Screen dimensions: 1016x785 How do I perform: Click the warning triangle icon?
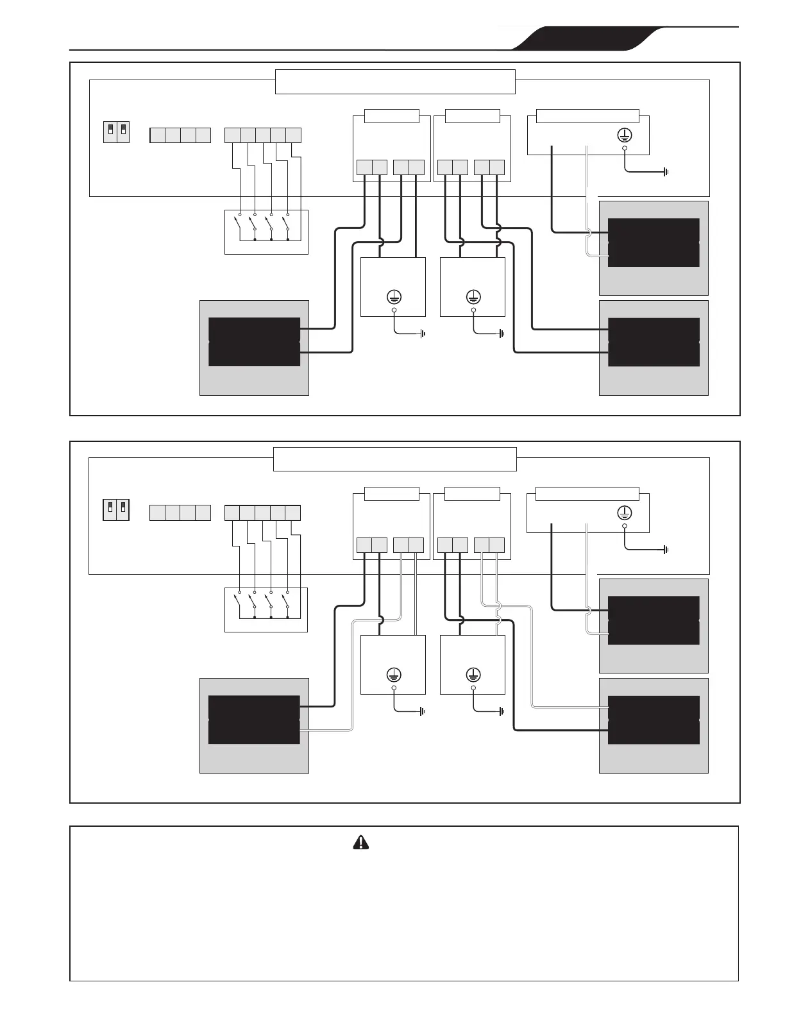tap(361, 842)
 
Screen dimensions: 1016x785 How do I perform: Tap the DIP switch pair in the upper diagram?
tap(116, 132)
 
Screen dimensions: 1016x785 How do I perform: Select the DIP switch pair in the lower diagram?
tap(116, 510)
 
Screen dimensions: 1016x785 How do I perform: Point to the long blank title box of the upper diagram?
tap(395, 81)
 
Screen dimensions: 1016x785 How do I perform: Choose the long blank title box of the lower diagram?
tap(395, 459)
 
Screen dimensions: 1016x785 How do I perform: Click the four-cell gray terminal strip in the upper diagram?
tap(180, 135)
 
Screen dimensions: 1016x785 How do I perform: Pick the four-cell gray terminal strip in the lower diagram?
tap(180, 512)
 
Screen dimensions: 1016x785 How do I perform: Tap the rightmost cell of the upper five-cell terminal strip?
tap(293, 135)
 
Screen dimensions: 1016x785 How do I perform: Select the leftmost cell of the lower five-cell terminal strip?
tap(232, 512)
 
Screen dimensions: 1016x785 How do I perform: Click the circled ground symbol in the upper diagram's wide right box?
tap(624, 135)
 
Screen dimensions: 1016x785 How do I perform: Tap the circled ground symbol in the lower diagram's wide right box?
tap(624, 512)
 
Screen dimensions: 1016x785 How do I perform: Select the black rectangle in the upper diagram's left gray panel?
tap(254, 342)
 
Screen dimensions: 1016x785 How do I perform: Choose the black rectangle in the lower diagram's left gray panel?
tap(254, 720)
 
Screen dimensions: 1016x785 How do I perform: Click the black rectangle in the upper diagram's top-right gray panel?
tap(654, 242)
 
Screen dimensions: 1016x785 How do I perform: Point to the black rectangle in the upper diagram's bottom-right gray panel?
tap(654, 342)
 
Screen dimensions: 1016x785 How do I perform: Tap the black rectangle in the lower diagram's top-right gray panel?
tap(654, 620)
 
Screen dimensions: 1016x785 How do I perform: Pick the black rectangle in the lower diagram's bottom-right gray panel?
tap(654, 720)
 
